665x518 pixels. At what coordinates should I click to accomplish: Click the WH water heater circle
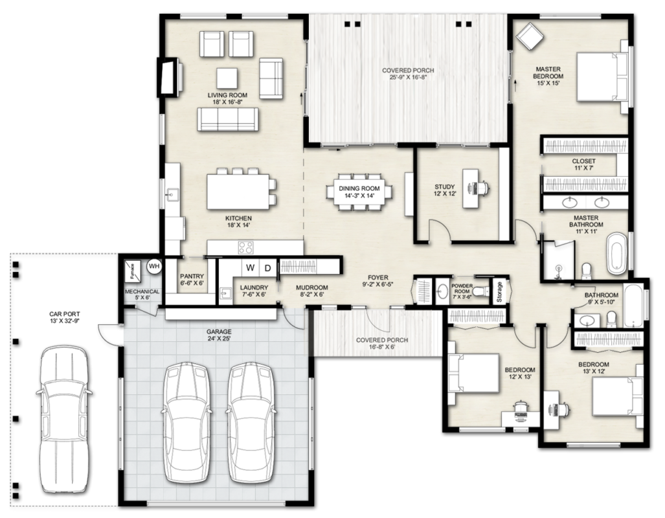154,265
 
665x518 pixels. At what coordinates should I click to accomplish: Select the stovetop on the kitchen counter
246,247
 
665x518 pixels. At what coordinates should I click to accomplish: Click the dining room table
357,192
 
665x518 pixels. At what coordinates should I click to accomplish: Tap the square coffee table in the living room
227,78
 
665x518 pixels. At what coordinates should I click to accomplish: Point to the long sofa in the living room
228,118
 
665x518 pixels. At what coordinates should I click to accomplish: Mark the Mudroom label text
311,287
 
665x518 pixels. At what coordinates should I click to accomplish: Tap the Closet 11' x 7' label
583,164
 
